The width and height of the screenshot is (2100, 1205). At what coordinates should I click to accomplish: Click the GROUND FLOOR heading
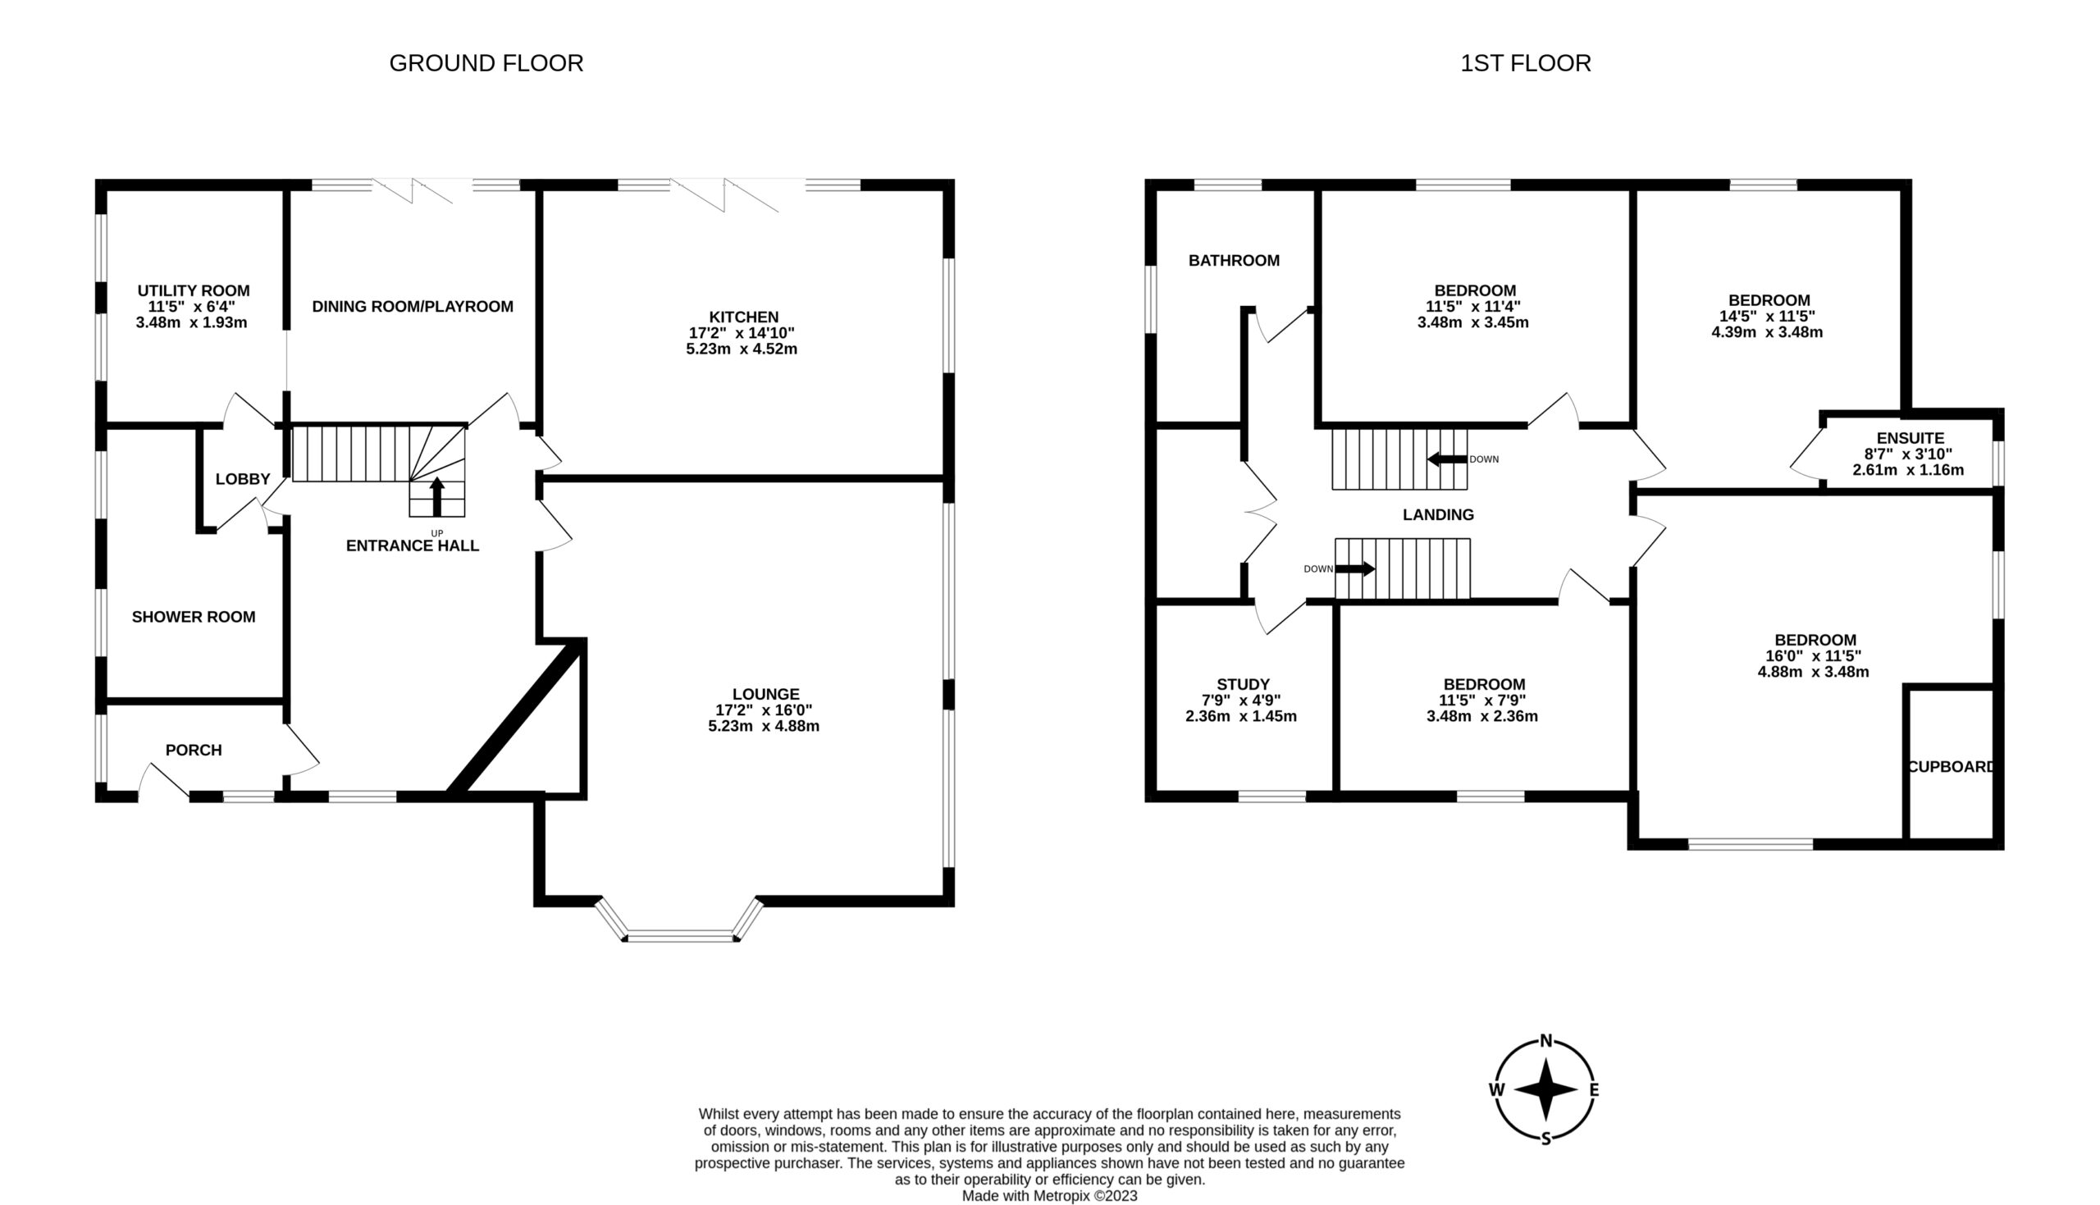click(x=486, y=63)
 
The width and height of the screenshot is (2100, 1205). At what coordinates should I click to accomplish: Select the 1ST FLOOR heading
click(x=1525, y=63)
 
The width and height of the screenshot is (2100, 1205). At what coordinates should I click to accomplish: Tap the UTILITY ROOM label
click(x=194, y=290)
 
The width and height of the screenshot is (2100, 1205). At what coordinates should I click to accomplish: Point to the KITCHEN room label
click(x=744, y=317)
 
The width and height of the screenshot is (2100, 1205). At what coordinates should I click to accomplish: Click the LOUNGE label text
click(x=766, y=694)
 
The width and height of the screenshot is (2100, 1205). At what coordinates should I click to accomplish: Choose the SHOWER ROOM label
click(x=194, y=617)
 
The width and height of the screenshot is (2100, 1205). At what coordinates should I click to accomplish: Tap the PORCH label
click(x=194, y=750)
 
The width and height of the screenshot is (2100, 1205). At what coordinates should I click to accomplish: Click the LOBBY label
click(x=243, y=478)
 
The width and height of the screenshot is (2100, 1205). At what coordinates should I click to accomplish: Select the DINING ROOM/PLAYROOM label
click(x=413, y=306)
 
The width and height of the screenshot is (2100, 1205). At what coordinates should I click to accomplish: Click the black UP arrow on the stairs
click(x=437, y=496)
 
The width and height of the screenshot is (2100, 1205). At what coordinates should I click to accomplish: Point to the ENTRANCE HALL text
click(x=412, y=545)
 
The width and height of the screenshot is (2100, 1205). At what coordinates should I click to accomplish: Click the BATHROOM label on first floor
click(x=1234, y=261)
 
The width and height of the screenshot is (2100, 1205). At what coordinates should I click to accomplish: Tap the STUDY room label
click(x=1243, y=684)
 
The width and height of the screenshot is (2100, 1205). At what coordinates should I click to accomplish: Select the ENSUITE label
click(x=1911, y=439)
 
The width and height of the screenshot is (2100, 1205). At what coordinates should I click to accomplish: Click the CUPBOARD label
click(x=1951, y=767)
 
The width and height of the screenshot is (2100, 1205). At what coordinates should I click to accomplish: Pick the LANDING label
click(x=1438, y=515)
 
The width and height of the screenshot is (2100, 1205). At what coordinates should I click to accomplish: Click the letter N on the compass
click(x=1545, y=1041)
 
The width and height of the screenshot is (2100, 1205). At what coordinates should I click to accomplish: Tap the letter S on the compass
click(x=1545, y=1139)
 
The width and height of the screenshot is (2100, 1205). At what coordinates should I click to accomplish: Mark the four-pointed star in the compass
click(x=1545, y=1089)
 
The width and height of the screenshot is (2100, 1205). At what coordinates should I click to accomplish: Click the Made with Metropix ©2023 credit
click(x=1049, y=1196)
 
